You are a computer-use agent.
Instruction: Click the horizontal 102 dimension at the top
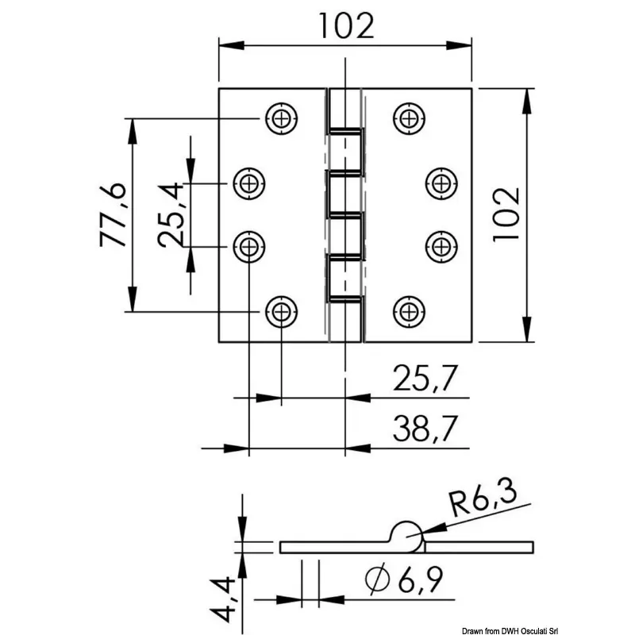(x=345, y=26)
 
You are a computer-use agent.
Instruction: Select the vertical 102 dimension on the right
(x=505, y=214)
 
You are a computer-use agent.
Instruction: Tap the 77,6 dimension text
(x=113, y=214)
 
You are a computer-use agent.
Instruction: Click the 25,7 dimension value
(x=425, y=381)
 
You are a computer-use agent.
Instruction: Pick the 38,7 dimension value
(x=425, y=430)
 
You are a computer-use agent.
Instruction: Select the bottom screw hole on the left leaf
(x=281, y=311)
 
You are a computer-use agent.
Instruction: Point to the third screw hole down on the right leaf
(x=441, y=246)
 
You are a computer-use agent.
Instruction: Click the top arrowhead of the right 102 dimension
(x=525, y=97)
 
